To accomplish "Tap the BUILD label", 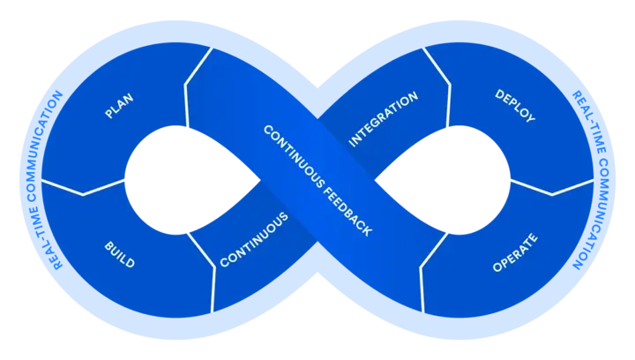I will [119, 253].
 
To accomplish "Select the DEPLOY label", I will [515, 105].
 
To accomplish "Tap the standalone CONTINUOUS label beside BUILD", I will [254, 239].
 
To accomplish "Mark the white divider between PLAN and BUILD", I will [83, 186].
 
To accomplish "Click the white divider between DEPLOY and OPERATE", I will [552, 188].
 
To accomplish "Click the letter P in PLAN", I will [108, 116].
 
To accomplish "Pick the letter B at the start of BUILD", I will [108, 242].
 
